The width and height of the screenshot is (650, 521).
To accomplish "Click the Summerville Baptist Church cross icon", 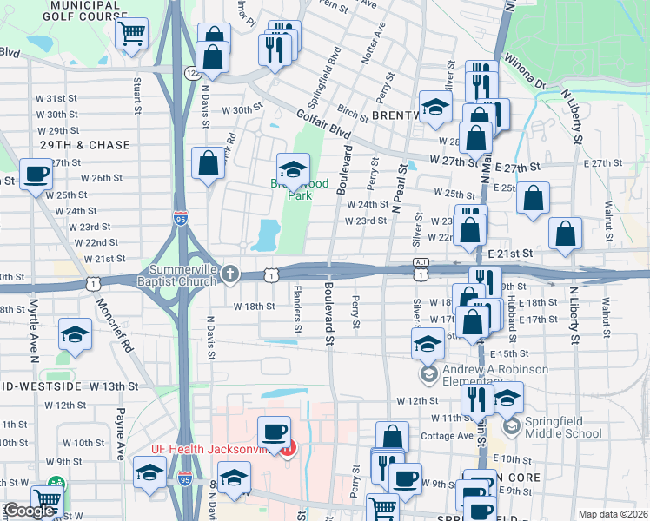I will click(x=230, y=274).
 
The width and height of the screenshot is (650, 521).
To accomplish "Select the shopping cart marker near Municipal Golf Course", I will click(x=130, y=35).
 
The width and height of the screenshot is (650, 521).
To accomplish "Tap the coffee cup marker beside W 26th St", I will click(x=36, y=175).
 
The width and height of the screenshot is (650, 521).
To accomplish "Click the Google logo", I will click(x=29, y=511).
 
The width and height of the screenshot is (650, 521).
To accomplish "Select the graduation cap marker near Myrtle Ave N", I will click(x=76, y=334).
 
